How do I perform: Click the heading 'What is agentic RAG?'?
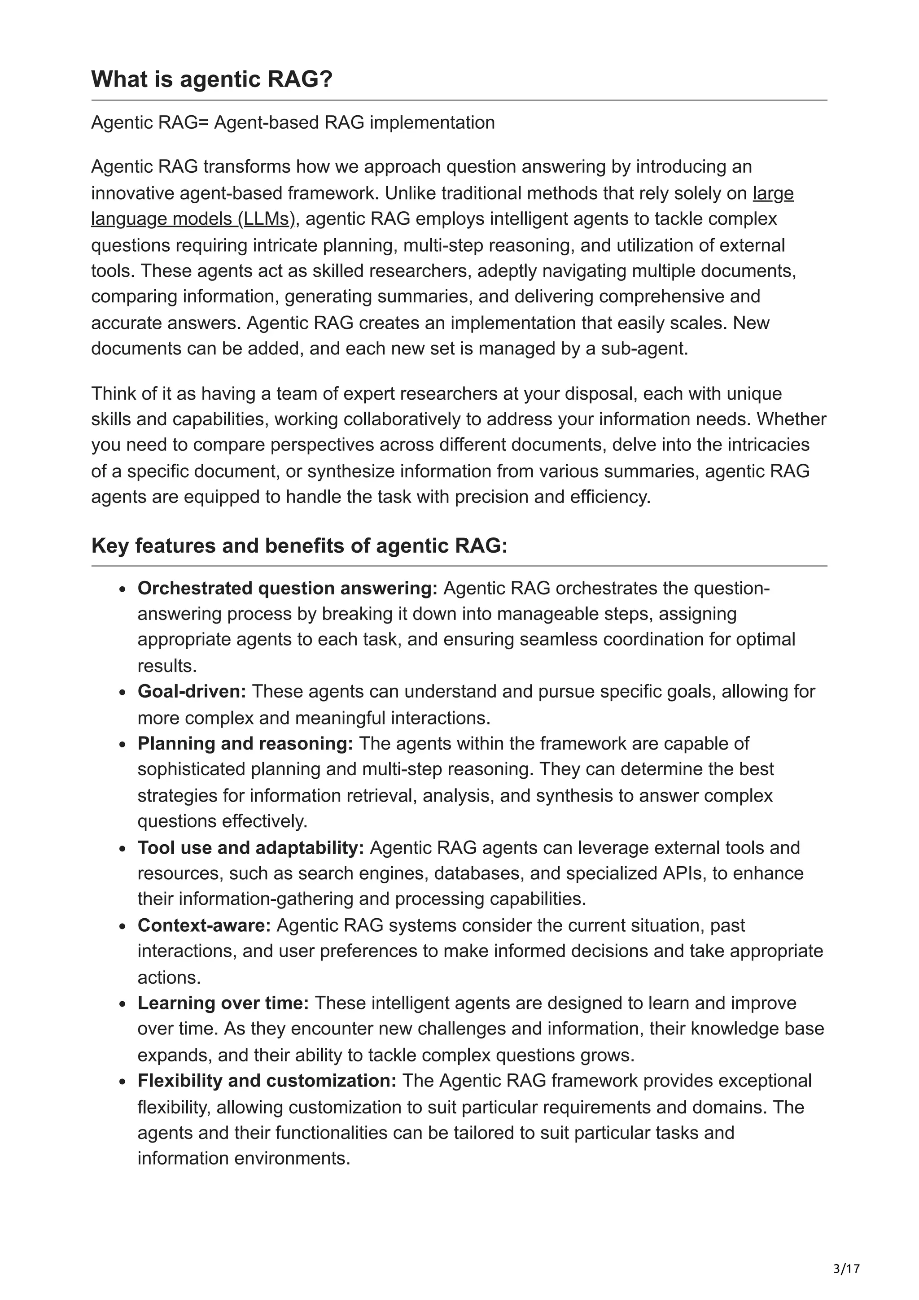pos(211,79)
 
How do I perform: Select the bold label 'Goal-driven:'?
pos(192,691)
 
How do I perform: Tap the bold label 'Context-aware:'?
pos(204,925)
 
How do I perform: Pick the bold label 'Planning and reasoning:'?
pos(245,743)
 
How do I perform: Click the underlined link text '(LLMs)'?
pos(267,219)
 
